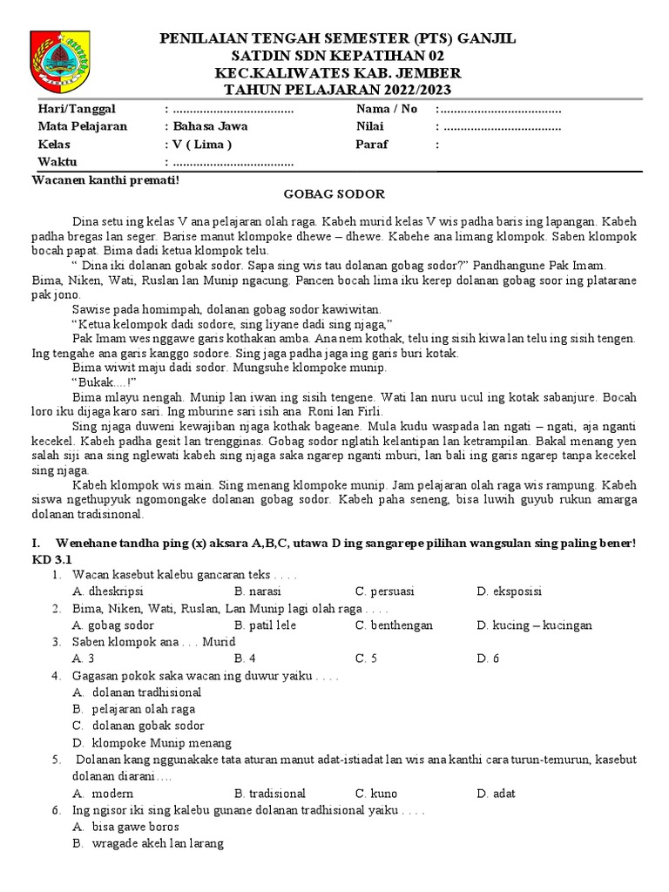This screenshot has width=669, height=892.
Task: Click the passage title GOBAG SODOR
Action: pos(334,193)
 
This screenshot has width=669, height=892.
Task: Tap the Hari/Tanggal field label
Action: pos(77,109)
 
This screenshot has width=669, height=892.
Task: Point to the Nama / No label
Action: pos(387,109)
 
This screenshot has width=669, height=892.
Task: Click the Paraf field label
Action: pos(371,145)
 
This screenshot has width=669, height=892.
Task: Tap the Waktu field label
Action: pos(57,162)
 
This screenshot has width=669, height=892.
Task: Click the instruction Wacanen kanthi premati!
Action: pos(105,179)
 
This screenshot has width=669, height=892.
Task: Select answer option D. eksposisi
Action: pos(509,591)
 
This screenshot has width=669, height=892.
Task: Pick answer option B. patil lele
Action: pos(265,625)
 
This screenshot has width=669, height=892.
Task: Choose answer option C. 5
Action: pos(366,659)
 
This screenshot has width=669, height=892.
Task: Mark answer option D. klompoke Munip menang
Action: pos(152,743)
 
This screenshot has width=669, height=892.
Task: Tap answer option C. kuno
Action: pos(376,794)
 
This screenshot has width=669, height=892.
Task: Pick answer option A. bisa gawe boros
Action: pos(125,827)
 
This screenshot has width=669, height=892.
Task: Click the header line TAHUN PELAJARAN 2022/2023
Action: pos(334,89)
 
